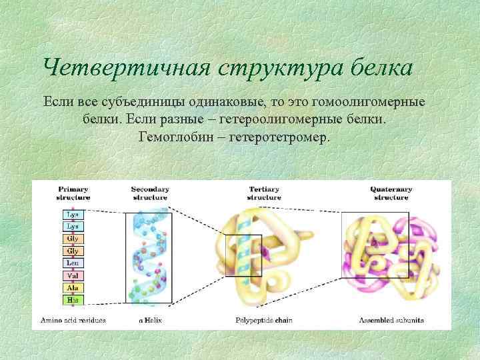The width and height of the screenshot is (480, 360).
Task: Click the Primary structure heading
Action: coord(73,193)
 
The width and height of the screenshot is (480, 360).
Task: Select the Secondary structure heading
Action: coord(149,193)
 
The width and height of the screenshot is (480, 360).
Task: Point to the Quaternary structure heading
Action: coord(391,193)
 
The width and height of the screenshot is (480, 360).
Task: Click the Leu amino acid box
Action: coord(73,263)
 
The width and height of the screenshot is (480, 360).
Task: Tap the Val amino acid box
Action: coord(73,275)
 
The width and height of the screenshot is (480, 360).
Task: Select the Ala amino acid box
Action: coord(73,287)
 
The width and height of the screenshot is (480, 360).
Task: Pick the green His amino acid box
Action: coord(73,299)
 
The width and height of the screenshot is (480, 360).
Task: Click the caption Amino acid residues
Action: coord(73,321)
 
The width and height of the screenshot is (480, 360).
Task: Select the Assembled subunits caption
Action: coord(391,321)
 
